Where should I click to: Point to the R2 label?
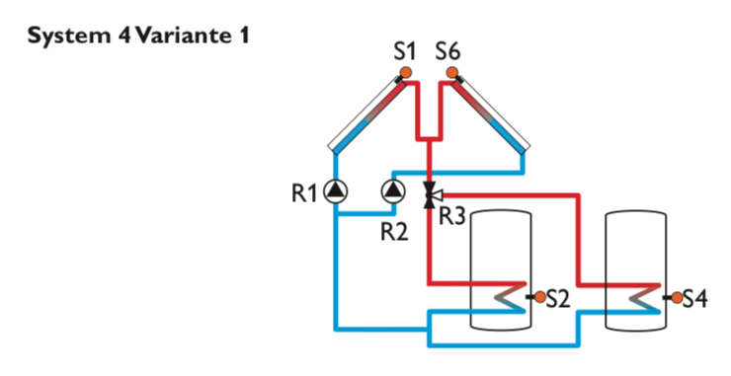coord(395,230)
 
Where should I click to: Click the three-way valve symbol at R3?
coord(429,194)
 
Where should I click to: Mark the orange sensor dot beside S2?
coord(539,296)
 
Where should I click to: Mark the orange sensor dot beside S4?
coord(676,296)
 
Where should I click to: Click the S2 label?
coord(558,297)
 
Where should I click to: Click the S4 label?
coord(695,297)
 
